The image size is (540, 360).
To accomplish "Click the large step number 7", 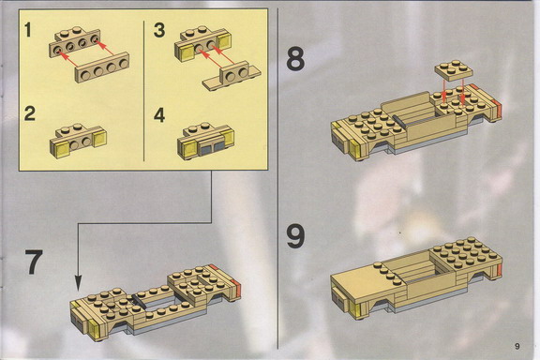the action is pyautogui.click(x=34, y=262).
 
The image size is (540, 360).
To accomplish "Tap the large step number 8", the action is pyautogui.click(x=295, y=59).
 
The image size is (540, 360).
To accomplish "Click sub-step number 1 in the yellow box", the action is pyautogui.click(x=28, y=29).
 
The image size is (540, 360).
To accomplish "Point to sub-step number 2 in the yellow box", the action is pyautogui.click(x=30, y=113).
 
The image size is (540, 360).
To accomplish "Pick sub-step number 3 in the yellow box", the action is pyautogui.click(x=159, y=29).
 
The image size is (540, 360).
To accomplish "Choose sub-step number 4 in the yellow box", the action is pyautogui.click(x=159, y=114).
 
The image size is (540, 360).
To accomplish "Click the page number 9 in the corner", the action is pyautogui.click(x=517, y=346).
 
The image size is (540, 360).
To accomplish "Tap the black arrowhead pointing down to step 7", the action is pyautogui.click(x=79, y=283).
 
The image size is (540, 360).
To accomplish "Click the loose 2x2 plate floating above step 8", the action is pyautogui.click(x=454, y=70).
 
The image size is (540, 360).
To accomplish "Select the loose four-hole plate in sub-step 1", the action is pyautogui.click(x=102, y=67).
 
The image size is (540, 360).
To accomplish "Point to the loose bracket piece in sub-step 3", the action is pyautogui.click(x=232, y=76).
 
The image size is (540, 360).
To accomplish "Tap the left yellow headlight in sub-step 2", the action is pyautogui.click(x=61, y=150).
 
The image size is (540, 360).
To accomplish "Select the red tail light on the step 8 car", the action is pyautogui.click(x=498, y=108).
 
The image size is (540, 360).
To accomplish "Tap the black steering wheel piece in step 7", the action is pyautogui.click(x=139, y=302).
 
